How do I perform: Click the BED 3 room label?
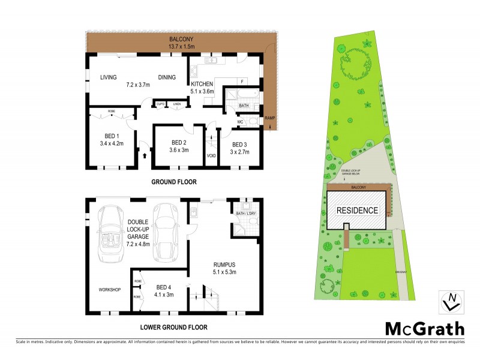tap(239, 148)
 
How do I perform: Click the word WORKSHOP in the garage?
tap(110, 290)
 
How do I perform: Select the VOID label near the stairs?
tap(211, 156)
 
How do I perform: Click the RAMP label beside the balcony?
tap(270, 118)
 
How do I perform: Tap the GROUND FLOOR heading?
tap(173, 182)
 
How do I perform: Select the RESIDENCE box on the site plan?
tap(356, 210)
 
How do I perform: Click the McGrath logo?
tap(424, 328)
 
